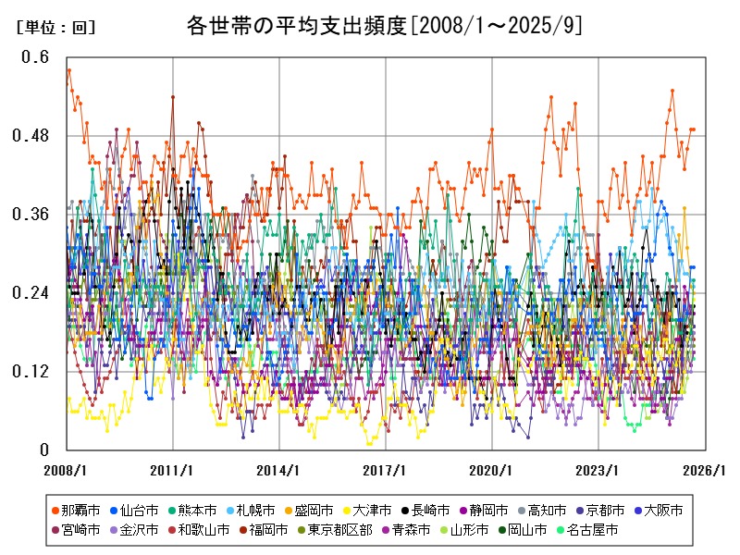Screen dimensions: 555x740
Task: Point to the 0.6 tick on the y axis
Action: click(35, 56)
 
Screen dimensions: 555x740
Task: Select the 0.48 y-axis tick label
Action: click(31, 136)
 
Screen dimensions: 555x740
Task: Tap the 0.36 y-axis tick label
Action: click(31, 215)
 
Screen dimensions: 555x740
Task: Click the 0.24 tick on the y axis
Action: click(31, 293)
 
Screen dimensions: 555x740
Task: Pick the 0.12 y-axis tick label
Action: click(31, 372)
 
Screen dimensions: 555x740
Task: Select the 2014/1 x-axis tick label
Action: click(278, 470)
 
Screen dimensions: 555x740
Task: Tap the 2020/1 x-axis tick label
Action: click(491, 470)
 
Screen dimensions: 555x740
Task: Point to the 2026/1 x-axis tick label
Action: click(703, 470)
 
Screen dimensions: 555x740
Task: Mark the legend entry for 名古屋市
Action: click(588, 530)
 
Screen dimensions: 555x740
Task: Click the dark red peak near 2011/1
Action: click(172, 96)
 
